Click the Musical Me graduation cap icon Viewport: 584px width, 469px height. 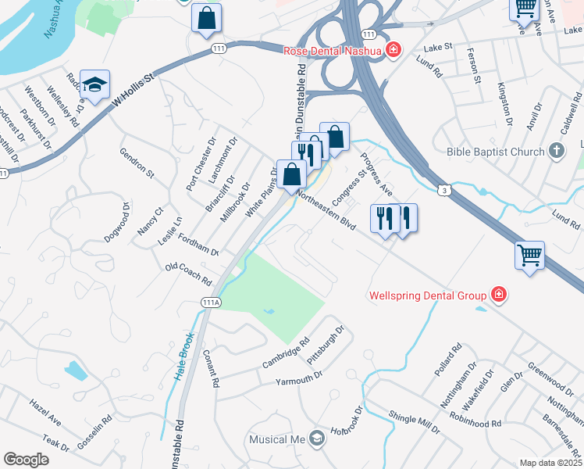pos(316,439)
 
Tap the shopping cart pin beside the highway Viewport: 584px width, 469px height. pos(529,256)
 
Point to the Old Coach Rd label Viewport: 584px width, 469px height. pos(189,274)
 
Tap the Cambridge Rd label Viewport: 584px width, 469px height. pos(287,353)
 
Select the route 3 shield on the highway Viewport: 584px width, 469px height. pos(443,190)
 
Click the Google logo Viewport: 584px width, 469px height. pos(27,460)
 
